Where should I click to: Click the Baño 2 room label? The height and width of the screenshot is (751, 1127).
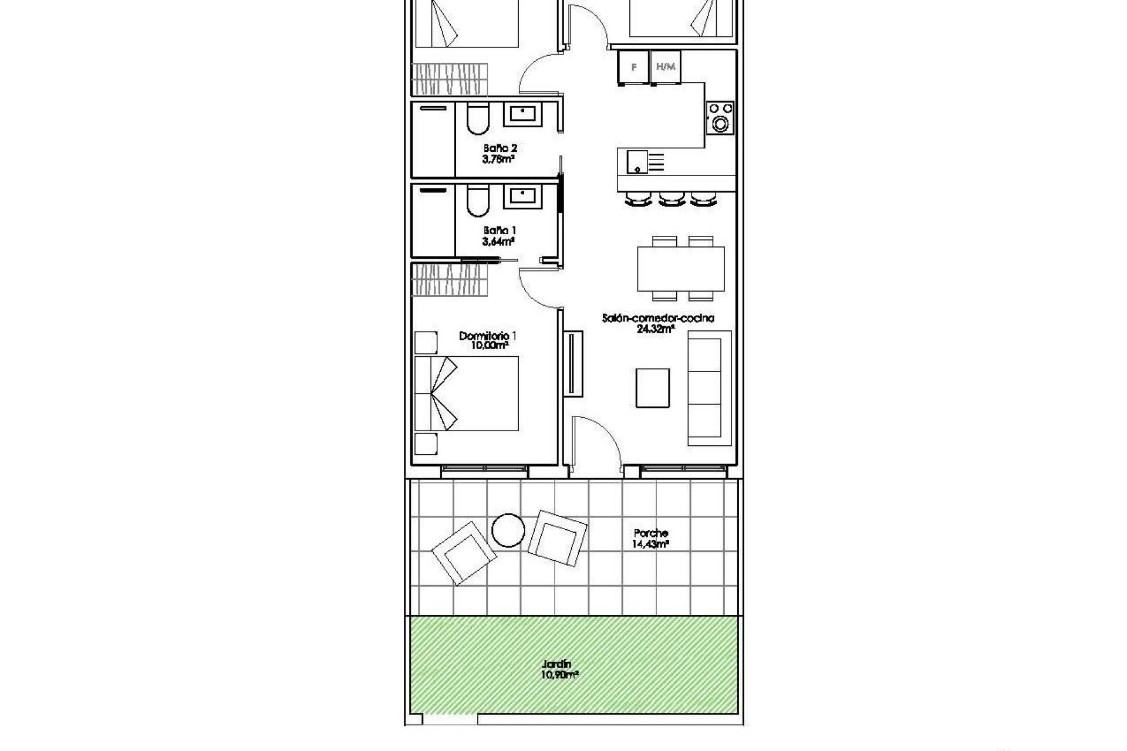click(501, 148)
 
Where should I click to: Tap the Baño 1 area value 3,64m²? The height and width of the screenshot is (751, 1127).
click(500, 241)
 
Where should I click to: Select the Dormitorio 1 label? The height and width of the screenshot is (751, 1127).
click(488, 336)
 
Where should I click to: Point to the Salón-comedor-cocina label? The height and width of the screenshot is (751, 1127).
click(658, 319)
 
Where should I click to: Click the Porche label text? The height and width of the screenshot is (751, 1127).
click(651, 533)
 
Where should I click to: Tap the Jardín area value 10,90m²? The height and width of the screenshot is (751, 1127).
click(560, 675)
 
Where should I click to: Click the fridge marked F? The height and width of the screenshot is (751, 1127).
click(633, 67)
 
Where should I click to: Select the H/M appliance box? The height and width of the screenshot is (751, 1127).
click(666, 67)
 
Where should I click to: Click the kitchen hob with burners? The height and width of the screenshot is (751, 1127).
click(720, 117)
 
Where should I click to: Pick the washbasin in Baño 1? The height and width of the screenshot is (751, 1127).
click(524, 195)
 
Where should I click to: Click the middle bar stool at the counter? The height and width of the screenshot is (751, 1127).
click(672, 199)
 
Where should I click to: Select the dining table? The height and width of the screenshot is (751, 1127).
click(681, 269)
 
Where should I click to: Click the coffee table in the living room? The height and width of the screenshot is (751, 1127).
click(653, 388)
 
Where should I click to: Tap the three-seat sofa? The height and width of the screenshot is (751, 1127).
click(708, 388)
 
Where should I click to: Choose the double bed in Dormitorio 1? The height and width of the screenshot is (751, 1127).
click(467, 393)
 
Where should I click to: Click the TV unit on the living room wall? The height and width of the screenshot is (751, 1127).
click(572, 363)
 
